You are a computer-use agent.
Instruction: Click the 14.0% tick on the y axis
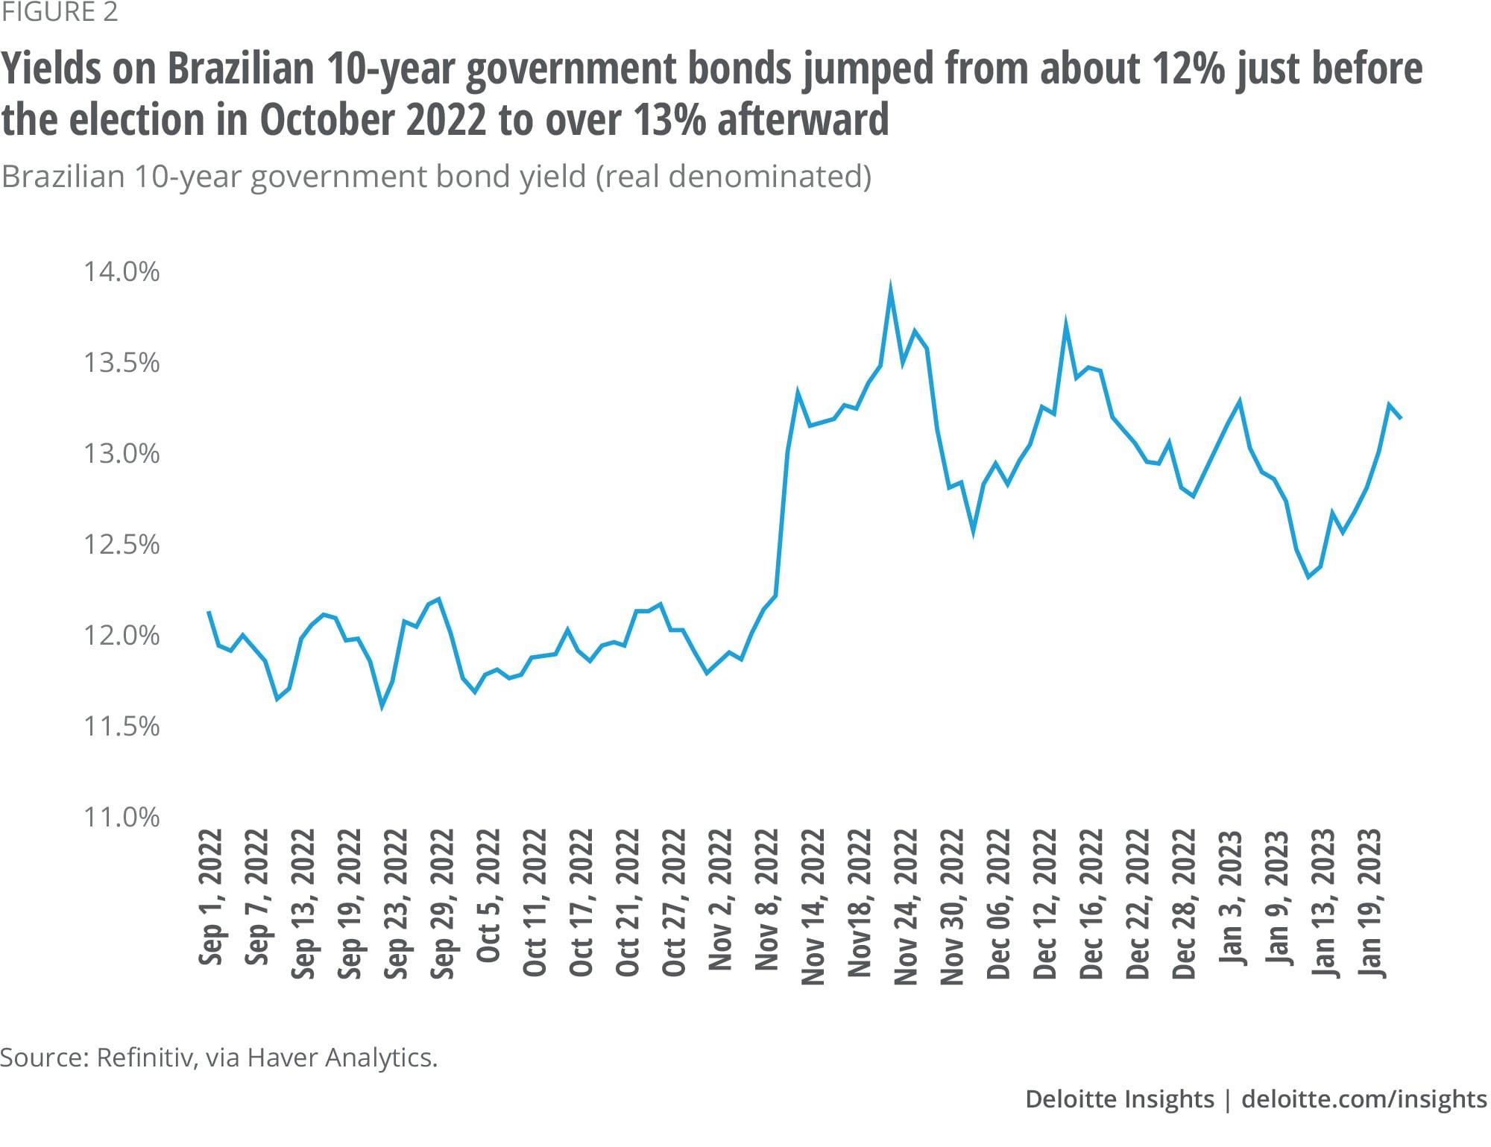pos(122,272)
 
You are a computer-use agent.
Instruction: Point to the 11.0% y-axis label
pos(122,818)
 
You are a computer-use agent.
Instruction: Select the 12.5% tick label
pos(122,545)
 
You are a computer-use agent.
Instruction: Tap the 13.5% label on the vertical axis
pos(122,363)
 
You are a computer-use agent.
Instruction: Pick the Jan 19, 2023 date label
pos(1370,903)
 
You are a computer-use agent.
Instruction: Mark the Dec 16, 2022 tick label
pos(1091,903)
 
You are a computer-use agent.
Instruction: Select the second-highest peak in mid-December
pos(1066,325)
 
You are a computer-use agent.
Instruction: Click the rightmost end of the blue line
pos(1402,418)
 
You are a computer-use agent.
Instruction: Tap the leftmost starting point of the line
pos(209,612)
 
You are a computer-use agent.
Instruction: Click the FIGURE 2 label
pos(59,13)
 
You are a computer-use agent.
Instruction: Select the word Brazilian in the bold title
pos(238,69)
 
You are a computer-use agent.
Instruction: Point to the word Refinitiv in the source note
pos(142,1058)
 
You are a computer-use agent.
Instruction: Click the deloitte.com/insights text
pos(1364,1099)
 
